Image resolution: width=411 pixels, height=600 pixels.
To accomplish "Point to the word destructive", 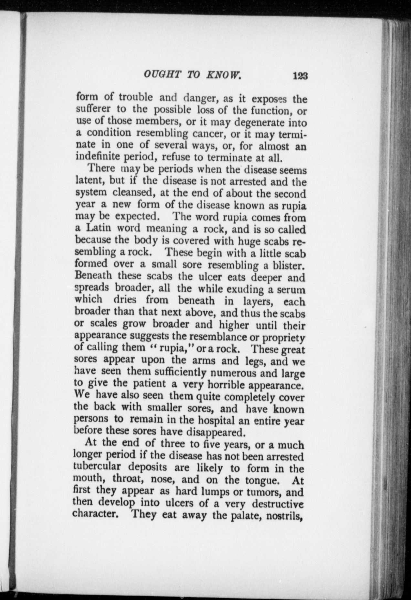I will [x=278, y=503].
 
